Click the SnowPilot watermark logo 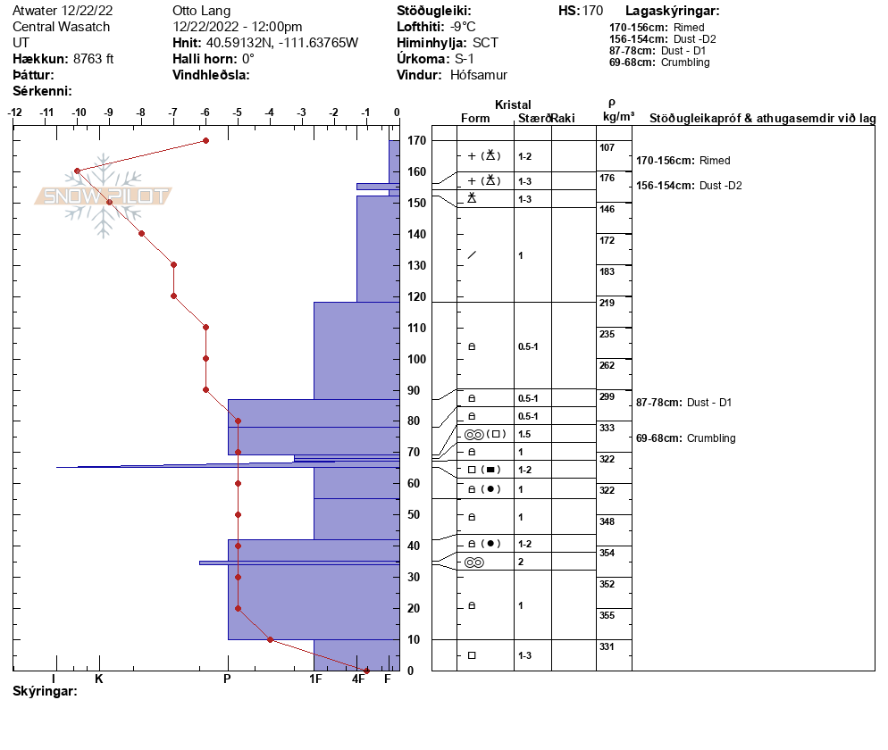click(x=103, y=196)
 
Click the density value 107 click(x=607, y=147)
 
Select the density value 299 click(x=607, y=396)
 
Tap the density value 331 click(x=607, y=646)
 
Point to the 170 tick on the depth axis click(x=415, y=141)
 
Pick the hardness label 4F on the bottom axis click(x=359, y=679)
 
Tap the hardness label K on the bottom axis click(x=99, y=679)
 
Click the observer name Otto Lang click(x=201, y=11)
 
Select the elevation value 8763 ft click(x=93, y=59)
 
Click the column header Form click(x=474, y=119)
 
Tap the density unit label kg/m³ click(x=618, y=117)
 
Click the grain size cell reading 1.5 click(x=525, y=434)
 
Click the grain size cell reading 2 click(x=521, y=562)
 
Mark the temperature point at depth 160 click(x=78, y=171)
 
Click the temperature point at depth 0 click(x=366, y=671)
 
